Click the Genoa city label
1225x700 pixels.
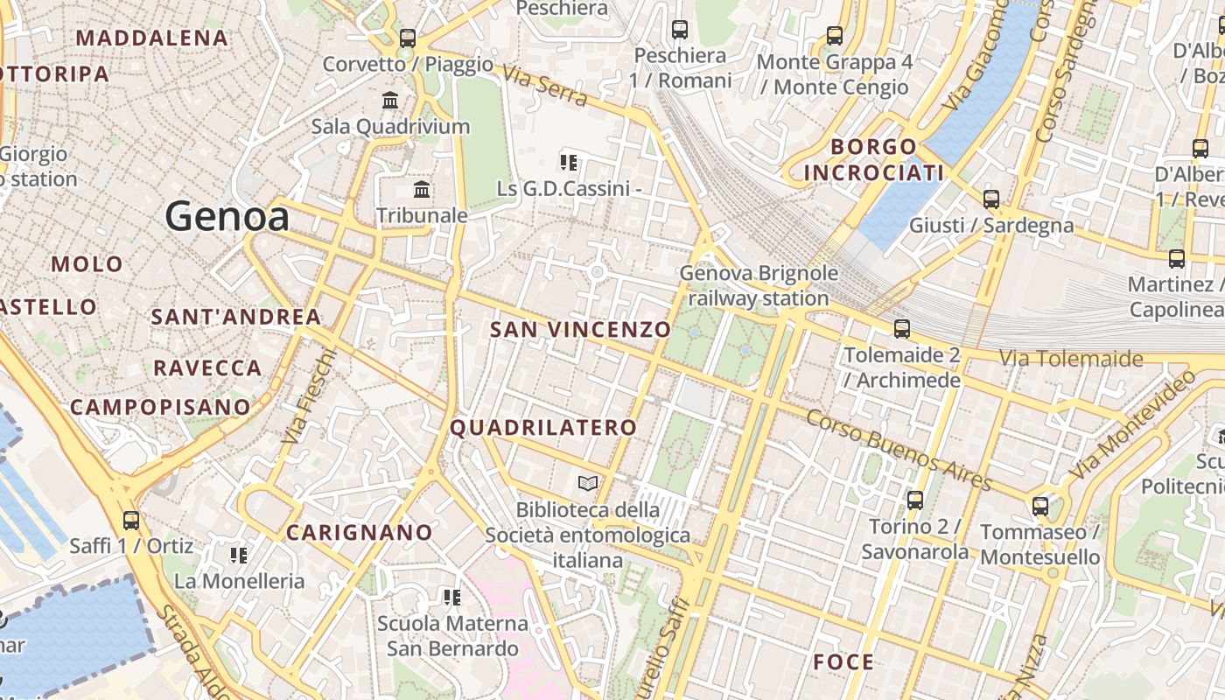pos(227,216)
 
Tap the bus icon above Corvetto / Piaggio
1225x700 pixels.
pos(408,38)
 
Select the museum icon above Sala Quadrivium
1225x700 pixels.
pos(390,101)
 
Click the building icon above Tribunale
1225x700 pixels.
pos(422,189)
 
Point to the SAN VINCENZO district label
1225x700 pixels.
pos(580,330)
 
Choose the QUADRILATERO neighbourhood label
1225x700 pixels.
pos(543,428)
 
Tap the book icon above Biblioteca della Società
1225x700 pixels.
pos(588,483)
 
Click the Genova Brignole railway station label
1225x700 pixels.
pos(759,285)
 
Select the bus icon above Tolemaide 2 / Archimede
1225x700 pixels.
pos(902,329)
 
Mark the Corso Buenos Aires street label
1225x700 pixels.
pos(899,450)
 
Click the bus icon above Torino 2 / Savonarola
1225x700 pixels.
pos(915,500)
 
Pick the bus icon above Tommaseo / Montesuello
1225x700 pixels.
pos(1040,506)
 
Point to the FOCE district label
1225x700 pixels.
pos(843,662)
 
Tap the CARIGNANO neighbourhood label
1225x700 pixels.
pos(360,532)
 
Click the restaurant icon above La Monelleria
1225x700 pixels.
pos(238,555)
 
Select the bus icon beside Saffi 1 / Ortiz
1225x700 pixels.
pos(131,520)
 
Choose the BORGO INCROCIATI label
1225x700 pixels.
pos(873,159)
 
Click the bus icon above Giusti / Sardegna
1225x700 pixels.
pos(991,199)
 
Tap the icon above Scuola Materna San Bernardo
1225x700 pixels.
pos(452,598)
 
